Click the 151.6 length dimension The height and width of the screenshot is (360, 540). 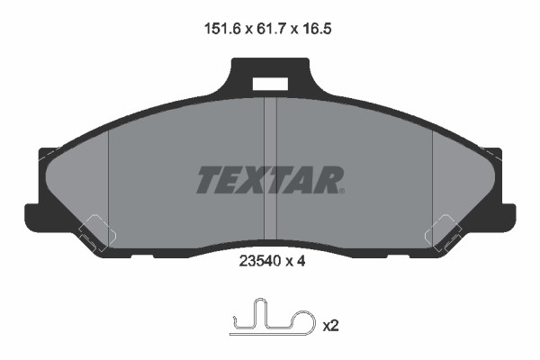(220, 29)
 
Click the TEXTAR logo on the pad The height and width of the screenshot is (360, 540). (269, 180)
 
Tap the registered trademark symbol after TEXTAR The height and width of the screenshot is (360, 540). (341, 190)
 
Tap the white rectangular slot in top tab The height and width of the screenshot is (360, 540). (270, 84)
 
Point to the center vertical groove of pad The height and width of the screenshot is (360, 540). (270, 162)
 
